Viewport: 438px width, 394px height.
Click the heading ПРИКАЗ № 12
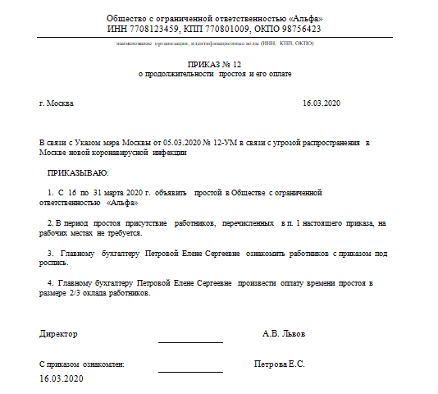click(214, 62)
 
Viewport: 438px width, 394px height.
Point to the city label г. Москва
click(57, 104)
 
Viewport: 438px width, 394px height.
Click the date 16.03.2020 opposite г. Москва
click(321, 104)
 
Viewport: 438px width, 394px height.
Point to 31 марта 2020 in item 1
click(114, 192)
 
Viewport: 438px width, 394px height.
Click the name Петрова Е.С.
click(280, 363)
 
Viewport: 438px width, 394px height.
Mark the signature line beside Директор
click(190, 341)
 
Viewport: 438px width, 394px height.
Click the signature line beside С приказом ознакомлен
click(190, 371)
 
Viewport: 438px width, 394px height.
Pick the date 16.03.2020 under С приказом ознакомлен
click(62, 378)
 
